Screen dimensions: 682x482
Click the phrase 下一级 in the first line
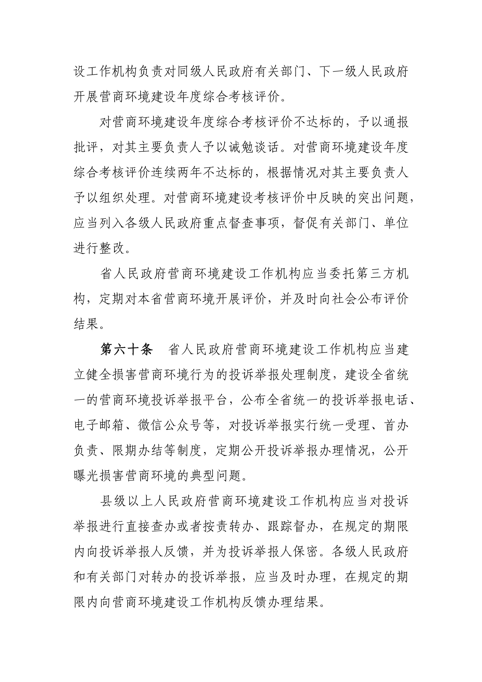coord(339,72)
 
